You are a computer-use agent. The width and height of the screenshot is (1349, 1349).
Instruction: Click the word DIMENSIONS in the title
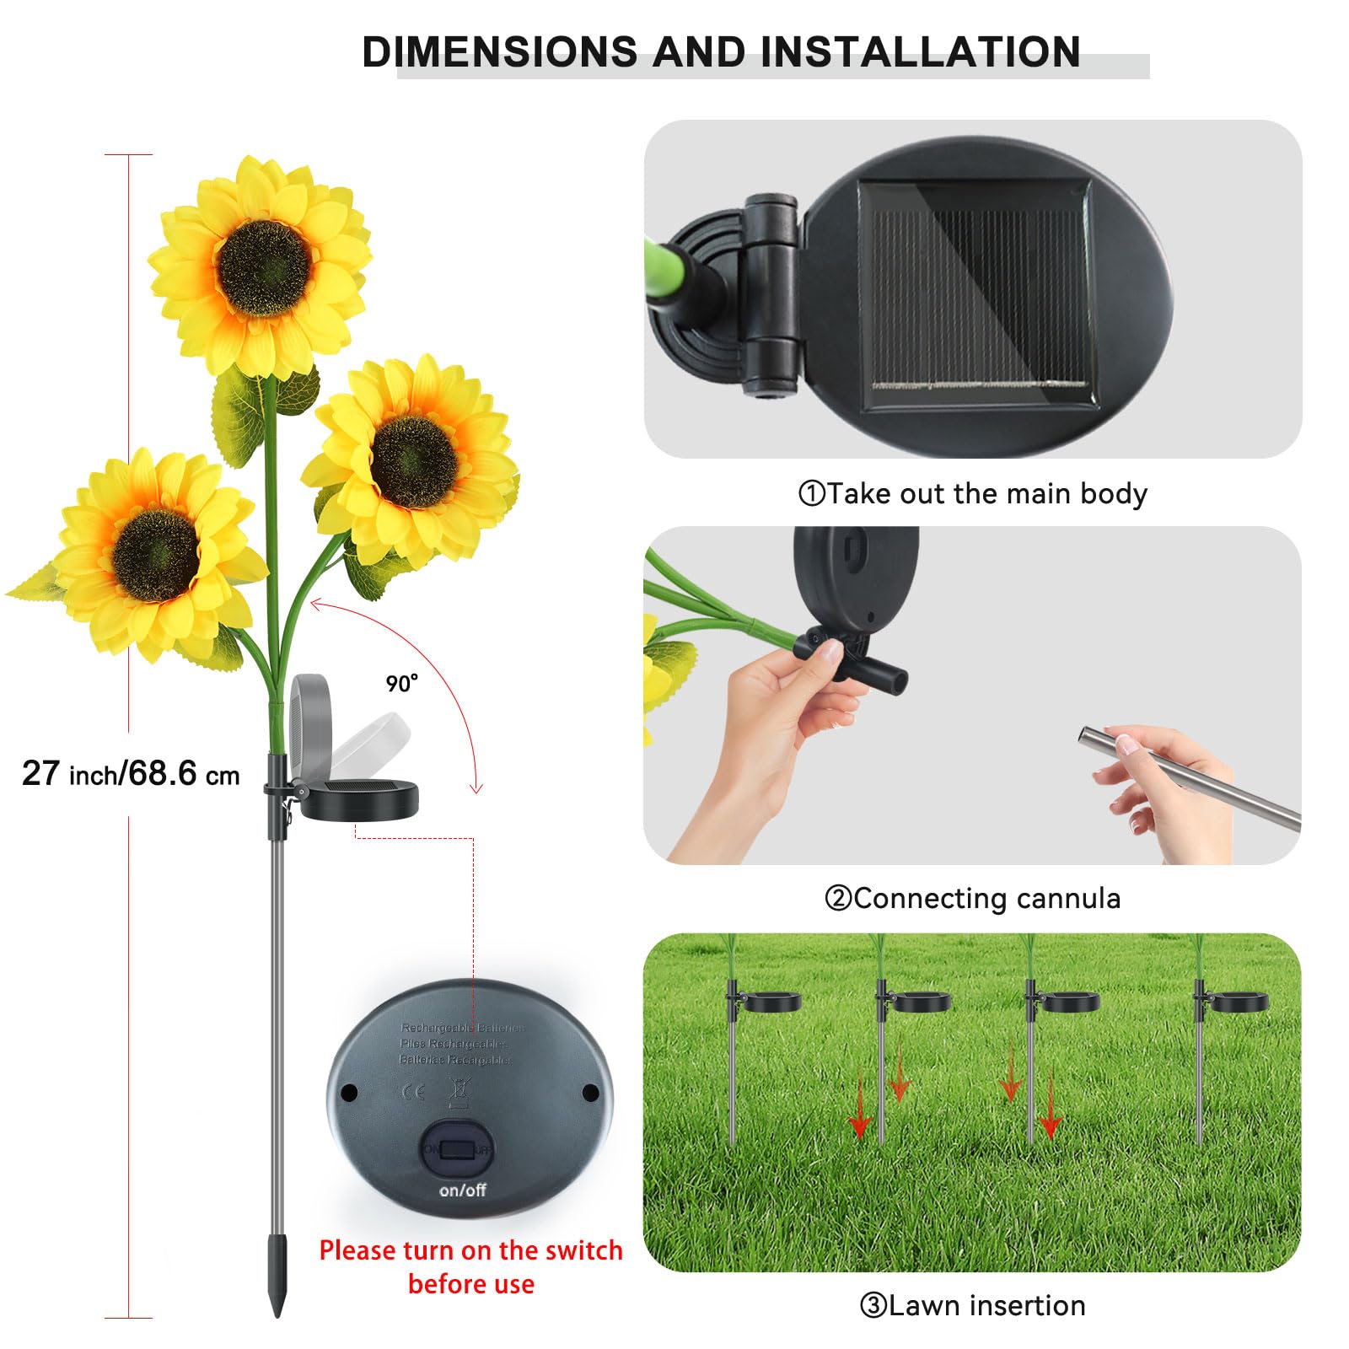[x=499, y=52]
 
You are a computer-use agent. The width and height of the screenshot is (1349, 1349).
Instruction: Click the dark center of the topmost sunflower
[x=264, y=267]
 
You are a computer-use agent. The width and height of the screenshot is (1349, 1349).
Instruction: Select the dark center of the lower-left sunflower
[x=156, y=554]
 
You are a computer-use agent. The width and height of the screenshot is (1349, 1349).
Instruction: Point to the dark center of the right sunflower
[x=415, y=462]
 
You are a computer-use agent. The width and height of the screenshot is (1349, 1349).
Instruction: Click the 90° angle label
[x=401, y=683]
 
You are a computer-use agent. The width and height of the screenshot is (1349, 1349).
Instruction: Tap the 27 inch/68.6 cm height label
[x=131, y=773]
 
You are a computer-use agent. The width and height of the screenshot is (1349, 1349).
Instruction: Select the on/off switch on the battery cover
[x=459, y=1149]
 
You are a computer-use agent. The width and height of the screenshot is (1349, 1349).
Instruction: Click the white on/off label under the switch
[x=462, y=1190]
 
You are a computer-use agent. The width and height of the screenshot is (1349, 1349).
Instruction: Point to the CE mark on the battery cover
[x=414, y=1092]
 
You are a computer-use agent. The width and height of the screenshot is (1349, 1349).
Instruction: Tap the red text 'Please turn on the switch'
[x=470, y=1250]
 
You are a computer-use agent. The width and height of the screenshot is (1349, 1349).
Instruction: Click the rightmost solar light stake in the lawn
[x=1199, y=1062]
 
